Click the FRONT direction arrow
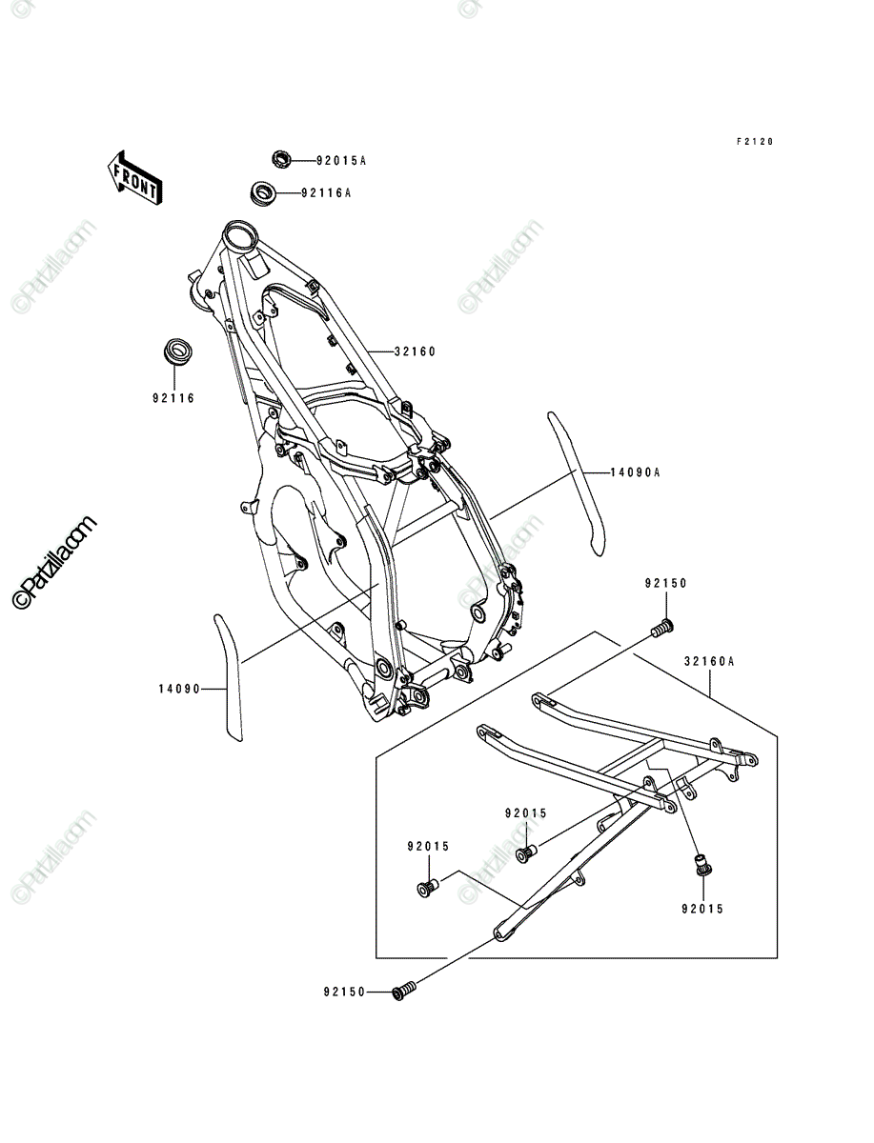[x=135, y=178]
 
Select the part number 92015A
[x=341, y=161]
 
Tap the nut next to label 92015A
[x=281, y=159]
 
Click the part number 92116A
[x=326, y=193]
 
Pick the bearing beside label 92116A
[x=262, y=193]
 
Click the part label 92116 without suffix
[x=173, y=398]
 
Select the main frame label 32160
[x=415, y=351]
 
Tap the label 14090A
[x=635, y=472]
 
